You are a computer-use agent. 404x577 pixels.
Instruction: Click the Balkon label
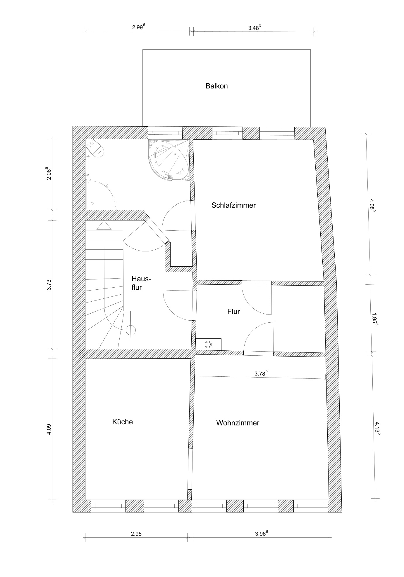[216, 86]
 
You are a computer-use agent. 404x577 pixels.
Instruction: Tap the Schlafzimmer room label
[233, 205]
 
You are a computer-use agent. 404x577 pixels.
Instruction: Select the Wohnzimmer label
[238, 423]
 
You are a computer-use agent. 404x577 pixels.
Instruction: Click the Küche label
[123, 422]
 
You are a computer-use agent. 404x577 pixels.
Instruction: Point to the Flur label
[233, 312]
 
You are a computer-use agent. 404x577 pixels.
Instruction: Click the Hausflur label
[141, 283]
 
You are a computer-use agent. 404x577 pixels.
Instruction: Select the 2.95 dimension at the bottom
[136, 534]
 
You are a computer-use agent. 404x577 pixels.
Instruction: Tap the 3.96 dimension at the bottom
[262, 533]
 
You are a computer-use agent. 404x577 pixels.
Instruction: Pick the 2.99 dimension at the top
[138, 27]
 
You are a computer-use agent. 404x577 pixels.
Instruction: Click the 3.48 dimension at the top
[255, 28]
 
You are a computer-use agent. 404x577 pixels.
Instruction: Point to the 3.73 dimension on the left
[49, 284]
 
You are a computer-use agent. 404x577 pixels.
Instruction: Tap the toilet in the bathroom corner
[96, 148]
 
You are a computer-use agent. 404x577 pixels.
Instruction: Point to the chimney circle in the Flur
[208, 344]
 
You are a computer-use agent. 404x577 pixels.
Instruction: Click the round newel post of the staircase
[130, 330]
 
